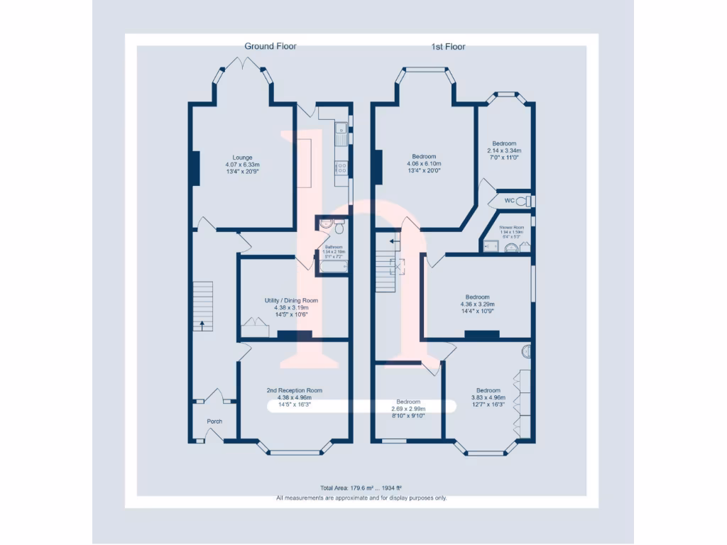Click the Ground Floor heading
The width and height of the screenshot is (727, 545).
(270, 46)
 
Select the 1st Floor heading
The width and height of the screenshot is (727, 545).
(448, 47)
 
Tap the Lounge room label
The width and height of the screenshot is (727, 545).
(242, 158)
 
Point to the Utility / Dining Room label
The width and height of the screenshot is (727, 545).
(291, 300)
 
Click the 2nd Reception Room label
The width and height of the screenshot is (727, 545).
(294, 390)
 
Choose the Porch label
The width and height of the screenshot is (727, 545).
(214, 422)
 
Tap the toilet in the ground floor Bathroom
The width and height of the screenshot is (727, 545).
(339, 228)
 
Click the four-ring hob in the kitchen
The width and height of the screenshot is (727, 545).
(341, 168)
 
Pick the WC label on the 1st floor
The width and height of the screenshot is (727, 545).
(509, 201)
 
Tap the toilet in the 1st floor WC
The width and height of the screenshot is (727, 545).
(523, 202)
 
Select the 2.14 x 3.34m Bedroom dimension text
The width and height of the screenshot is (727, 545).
(504, 150)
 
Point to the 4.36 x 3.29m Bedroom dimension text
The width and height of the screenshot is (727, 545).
(477, 304)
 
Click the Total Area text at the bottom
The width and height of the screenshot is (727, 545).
(361, 488)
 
